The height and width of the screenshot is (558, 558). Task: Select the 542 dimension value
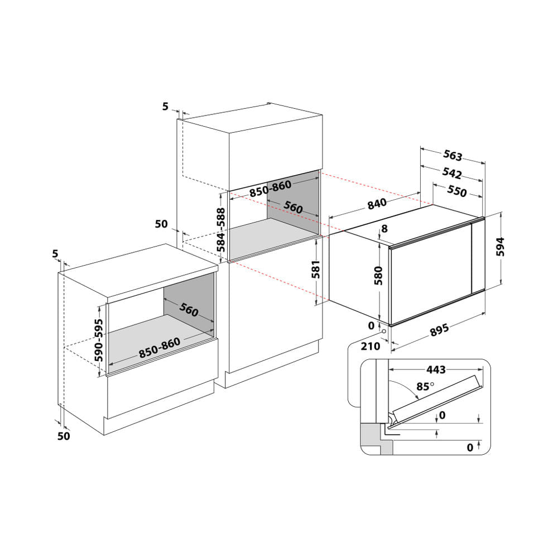(x=452, y=172)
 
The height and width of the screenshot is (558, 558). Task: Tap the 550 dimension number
(x=456, y=191)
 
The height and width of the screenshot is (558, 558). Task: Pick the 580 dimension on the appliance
(x=379, y=275)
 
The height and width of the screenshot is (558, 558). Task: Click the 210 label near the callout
(x=371, y=346)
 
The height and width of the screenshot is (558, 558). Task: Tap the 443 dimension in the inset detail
(x=435, y=369)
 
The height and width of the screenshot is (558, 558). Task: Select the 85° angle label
(x=425, y=386)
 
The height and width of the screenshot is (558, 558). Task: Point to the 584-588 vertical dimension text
(x=221, y=230)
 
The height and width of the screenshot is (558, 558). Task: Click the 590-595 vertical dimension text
(x=99, y=341)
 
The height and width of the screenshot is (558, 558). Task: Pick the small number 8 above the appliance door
(x=384, y=229)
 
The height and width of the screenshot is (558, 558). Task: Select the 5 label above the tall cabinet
(x=165, y=107)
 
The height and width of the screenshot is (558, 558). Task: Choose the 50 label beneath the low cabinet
(x=64, y=436)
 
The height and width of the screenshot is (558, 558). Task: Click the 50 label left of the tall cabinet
(x=161, y=224)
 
